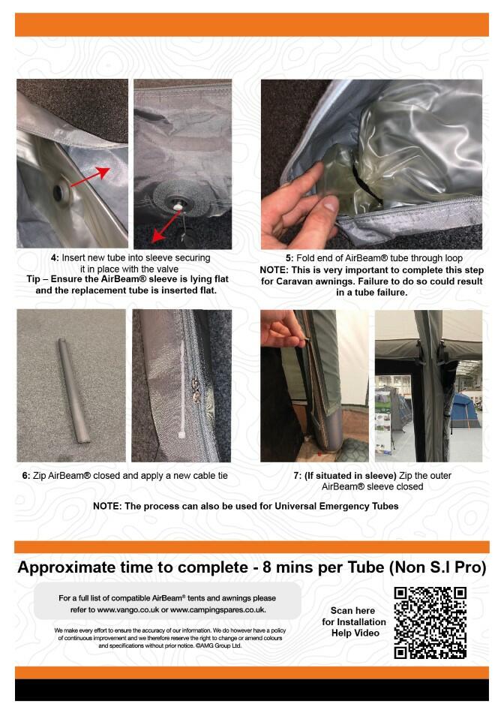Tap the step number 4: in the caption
point(55,258)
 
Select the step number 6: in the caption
point(26,476)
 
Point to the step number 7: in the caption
point(298,476)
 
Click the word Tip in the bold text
point(35,279)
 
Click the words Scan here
point(352,611)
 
